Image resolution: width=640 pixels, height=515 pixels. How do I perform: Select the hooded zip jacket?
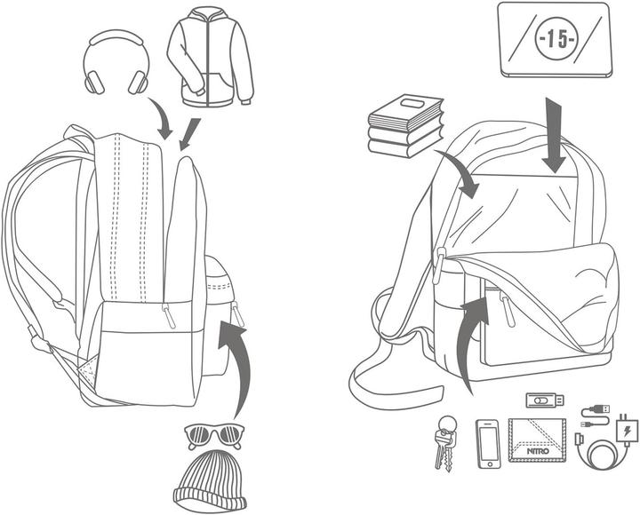210,57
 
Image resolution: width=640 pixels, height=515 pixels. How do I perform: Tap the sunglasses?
215,435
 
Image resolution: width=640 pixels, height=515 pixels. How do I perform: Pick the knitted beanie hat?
210,481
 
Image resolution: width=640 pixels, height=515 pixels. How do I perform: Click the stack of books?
405,126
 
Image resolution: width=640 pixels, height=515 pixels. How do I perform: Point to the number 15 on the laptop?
556,40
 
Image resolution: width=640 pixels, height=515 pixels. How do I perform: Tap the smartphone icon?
488,444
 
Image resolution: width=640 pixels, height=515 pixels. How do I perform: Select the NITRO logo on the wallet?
538,451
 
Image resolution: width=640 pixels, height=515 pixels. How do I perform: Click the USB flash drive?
545,400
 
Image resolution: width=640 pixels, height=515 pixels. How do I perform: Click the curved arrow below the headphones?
161,119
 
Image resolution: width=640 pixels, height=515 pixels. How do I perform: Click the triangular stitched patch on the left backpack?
88,370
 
